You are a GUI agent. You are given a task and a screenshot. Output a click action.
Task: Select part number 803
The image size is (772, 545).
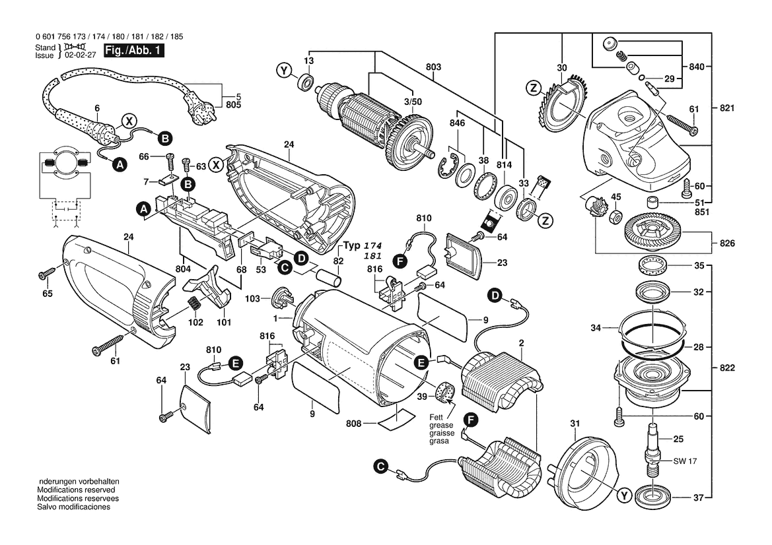pos(433,67)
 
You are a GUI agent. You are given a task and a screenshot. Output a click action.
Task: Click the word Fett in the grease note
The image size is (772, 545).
pos(437,417)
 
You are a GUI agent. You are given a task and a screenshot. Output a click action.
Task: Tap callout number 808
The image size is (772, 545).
pos(355,423)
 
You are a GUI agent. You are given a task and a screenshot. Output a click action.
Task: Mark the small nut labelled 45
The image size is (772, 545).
pos(614,216)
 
